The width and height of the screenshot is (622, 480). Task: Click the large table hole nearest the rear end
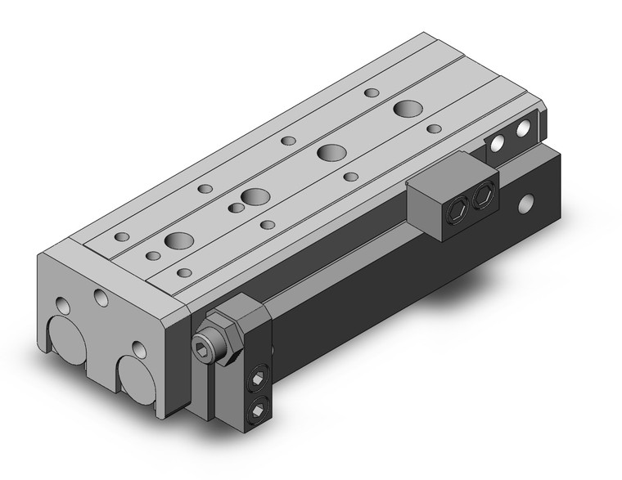[406, 108]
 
